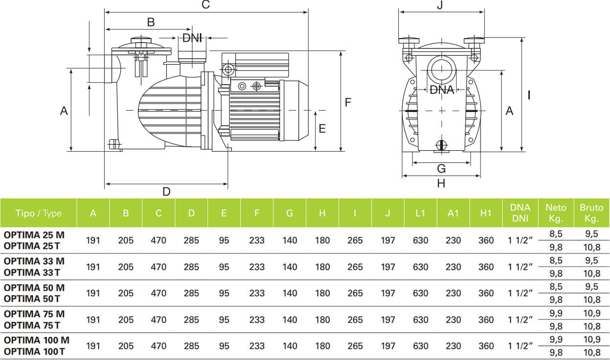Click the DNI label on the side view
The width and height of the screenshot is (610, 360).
(x=192, y=38)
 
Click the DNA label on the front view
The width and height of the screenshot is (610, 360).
(x=441, y=90)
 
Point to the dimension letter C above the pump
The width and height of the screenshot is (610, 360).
(x=206, y=5)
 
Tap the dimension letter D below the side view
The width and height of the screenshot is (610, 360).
(x=166, y=191)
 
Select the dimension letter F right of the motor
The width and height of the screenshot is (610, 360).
(x=348, y=102)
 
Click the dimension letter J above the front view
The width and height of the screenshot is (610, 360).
(x=440, y=5)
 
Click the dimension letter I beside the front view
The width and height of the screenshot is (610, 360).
(x=529, y=95)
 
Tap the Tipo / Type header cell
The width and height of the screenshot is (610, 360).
(x=39, y=213)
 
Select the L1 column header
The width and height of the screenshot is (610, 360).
(x=420, y=213)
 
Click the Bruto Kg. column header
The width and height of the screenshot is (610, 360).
(x=591, y=213)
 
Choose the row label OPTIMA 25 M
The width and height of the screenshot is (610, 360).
(x=34, y=235)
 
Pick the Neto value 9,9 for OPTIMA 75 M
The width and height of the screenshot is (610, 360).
(x=556, y=313)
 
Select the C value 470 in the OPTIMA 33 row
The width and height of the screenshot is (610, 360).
(x=158, y=267)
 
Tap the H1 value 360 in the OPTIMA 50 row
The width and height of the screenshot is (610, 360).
(x=486, y=293)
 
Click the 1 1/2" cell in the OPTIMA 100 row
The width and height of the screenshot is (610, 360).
(x=520, y=346)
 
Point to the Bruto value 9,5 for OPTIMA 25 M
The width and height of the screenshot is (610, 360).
(x=591, y=234)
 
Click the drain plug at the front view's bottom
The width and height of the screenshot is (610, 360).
(x=441, y=145)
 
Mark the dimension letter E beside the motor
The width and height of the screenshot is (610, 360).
(x=322, y=129)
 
